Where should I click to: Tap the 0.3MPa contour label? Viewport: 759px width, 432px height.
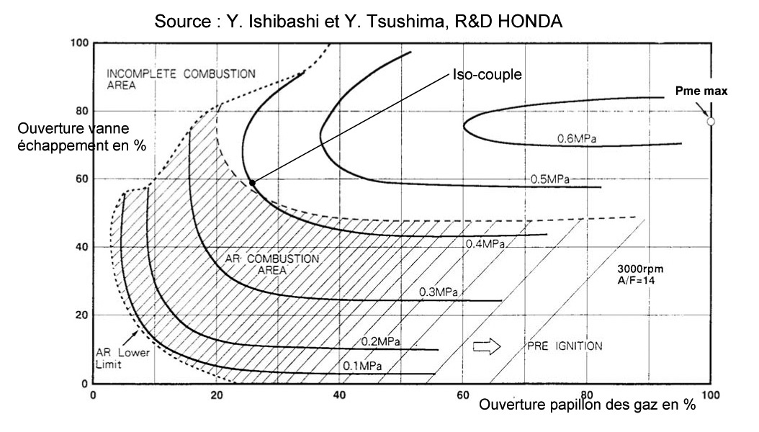(439, 292)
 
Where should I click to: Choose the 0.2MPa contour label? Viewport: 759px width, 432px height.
(381, 341)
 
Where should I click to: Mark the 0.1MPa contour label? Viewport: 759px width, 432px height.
(361, 366)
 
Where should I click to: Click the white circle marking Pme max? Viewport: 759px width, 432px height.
(711, 122)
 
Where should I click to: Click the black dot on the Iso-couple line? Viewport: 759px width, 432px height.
(252, 183)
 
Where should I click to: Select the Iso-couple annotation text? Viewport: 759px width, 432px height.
(488, 74)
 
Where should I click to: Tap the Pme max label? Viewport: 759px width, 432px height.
(701, 91)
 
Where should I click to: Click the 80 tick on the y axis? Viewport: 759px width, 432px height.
(81, 111)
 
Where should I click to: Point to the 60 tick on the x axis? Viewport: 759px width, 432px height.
(463, 396)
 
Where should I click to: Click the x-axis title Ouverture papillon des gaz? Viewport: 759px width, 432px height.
(586, 405)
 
